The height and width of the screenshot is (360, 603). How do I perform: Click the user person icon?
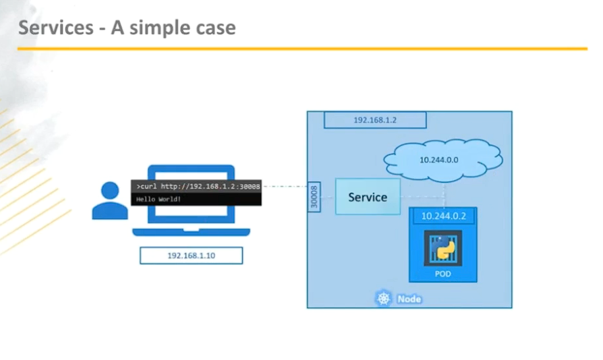(109, 201)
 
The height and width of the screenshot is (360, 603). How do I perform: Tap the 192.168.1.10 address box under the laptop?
(191, 256)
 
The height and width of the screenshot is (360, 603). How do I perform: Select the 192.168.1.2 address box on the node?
(374, 121)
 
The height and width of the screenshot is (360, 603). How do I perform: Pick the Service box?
(368, 197)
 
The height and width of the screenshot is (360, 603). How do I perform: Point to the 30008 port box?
(314, 196)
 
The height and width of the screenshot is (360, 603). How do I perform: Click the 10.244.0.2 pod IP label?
(443, 216)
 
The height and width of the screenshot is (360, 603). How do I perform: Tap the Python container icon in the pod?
(442, 249)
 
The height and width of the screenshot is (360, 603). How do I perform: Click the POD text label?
(442, 274)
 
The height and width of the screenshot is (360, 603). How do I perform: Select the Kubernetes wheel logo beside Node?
(384, 299)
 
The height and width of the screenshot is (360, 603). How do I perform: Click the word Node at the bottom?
(409, 299)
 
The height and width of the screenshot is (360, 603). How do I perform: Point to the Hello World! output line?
(159, 200)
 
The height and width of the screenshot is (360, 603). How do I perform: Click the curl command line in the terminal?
(196, 185)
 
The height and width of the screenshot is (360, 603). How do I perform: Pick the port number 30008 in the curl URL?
(250, 185)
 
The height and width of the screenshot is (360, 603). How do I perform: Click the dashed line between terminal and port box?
(283, 186)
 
